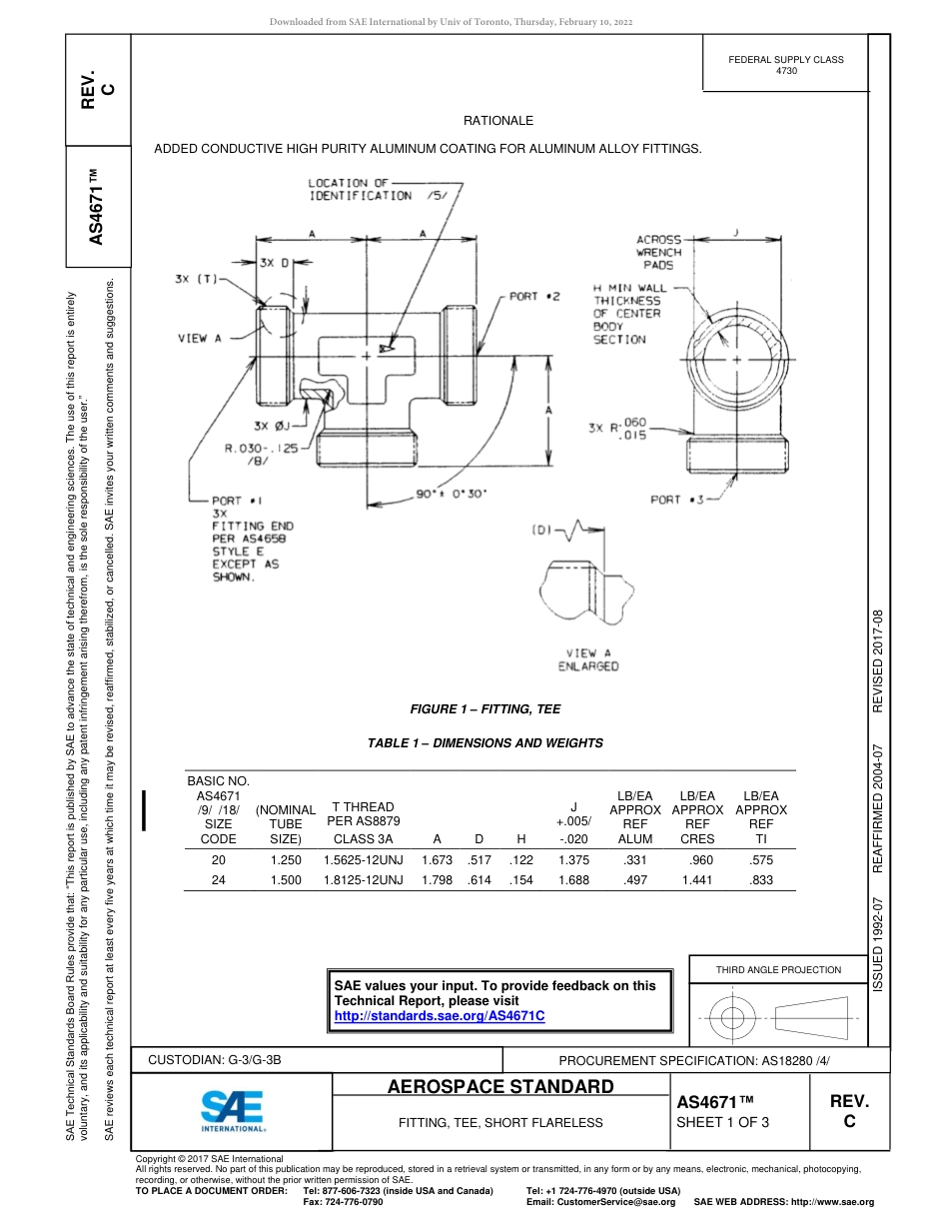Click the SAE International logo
pos(232,1109)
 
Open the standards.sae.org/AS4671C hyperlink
pos(440,1016)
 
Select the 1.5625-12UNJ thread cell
pos(364,859)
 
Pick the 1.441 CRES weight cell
pos(697,880)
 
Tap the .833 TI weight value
pos(761,880)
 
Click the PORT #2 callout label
pos(535,297)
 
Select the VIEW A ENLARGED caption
pos(588,659)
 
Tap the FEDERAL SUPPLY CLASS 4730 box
pos(786,65)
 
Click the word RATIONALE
pos(498,121)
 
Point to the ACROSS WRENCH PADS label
pos(658,253)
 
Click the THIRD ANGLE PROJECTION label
pos(778,969)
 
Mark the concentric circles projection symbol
pos(733,1019)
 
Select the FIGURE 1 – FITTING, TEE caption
pos(485,709)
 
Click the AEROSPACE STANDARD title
pos(500,1086)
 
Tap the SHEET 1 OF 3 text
pos(723,1122)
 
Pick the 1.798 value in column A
pos(438,880)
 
